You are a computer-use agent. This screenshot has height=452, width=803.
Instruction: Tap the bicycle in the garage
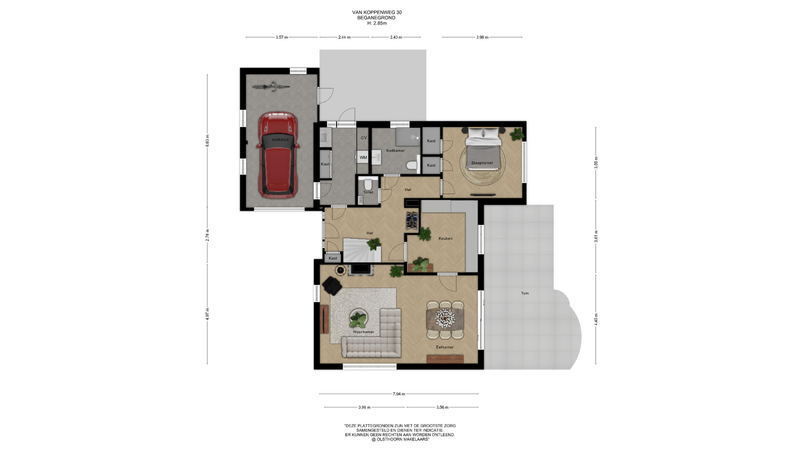[x=271, y=86]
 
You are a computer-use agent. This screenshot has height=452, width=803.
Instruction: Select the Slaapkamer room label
[x=482, y=163]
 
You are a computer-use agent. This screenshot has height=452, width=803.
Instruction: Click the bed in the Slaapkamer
[x=484, y=149]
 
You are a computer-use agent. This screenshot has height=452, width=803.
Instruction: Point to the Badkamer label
[x=395, y=151]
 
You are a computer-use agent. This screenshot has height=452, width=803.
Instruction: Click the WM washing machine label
[x=363, y=157]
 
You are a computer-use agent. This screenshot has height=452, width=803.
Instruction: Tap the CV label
[x=363, y=138]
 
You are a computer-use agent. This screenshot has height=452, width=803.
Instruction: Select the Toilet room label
[x=368, y=193]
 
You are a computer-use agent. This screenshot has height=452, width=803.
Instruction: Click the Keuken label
[x=445, y=239]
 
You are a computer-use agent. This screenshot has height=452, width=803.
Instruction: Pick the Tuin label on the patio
[x=525, y=293]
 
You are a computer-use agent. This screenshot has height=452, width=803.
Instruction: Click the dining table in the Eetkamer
[x=445, y=320]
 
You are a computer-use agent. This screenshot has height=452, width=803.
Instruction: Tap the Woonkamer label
[x=363, y=332]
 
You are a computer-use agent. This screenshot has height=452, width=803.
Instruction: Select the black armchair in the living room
[x=332, y=286]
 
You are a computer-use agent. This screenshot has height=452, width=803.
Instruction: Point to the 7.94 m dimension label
[x=399, y=394]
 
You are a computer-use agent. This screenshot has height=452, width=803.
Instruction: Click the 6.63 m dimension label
[x=207, y=140]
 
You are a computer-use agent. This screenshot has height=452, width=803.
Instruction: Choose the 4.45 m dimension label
[x=596, y=319]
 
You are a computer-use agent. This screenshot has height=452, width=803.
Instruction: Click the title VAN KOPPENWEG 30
[x=377, y=13]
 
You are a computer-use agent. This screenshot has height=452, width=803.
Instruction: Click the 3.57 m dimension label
[x=282, y=37]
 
